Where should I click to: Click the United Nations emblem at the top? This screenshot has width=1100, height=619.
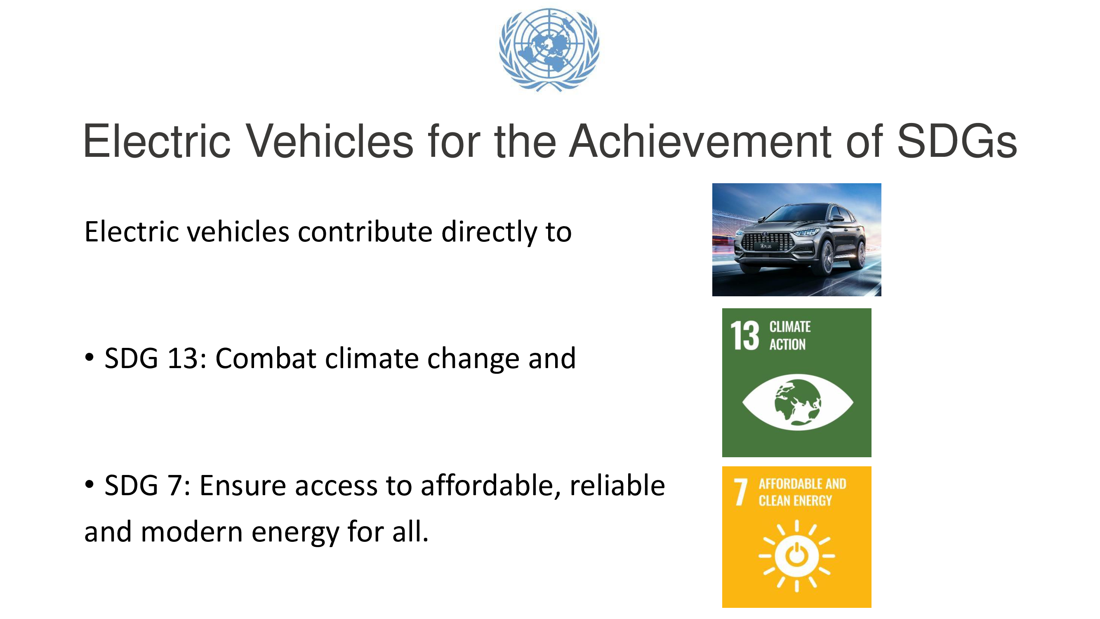point(549,50)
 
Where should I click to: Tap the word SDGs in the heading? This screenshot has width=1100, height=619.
point(956,141)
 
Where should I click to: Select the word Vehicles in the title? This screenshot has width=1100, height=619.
point(330,141)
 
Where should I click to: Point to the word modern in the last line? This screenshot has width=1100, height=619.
point(192,532)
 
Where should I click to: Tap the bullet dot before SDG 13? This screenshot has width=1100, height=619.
point(89,357)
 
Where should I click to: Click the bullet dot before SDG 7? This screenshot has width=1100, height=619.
point(89,484)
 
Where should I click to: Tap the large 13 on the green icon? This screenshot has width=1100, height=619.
point(745,336)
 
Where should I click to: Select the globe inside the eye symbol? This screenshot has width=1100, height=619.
point(797,402)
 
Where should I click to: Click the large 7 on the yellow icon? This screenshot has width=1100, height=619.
point(740,492)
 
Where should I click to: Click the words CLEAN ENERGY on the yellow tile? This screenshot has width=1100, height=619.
point(795,501)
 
